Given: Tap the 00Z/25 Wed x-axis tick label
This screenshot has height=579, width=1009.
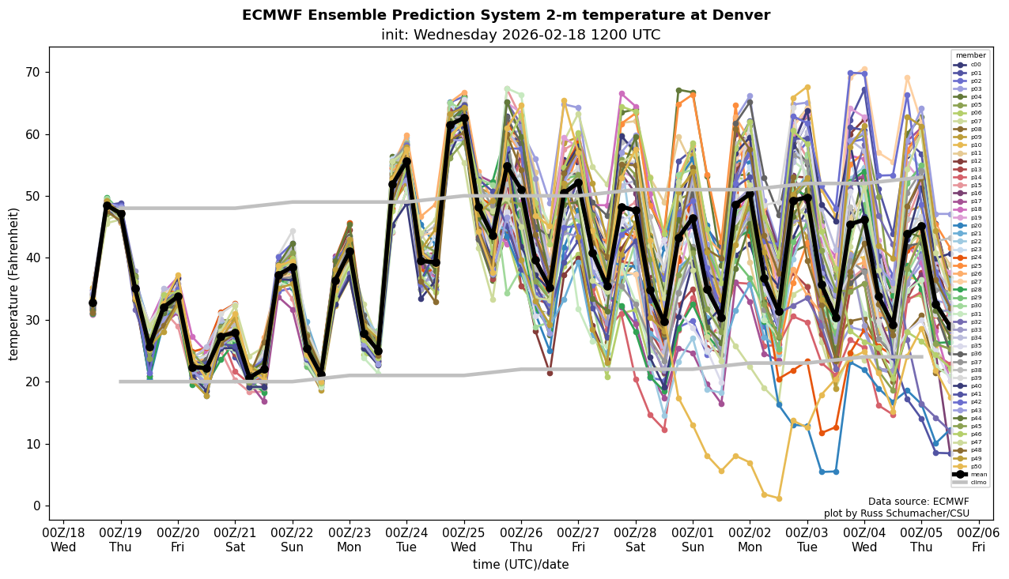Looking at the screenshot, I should click(x=463, y=540).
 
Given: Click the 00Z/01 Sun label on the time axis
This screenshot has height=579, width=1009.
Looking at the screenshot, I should click(x=693, y=540).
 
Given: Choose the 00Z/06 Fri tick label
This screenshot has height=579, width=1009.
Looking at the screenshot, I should click(x=978, y=540).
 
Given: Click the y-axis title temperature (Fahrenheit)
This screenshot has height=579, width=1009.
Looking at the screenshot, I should click(x=13, y=284).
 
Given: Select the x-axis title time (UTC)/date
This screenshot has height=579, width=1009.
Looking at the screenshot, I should click(x=520, y=565).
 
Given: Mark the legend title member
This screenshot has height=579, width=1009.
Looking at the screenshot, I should click(x=971, y=55).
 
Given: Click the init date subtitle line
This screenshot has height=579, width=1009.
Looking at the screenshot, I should click(x=520, y=36).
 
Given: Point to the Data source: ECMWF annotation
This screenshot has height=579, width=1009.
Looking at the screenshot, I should click(x=918, y=502).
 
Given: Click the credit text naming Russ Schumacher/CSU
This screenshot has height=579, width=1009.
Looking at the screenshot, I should click(x=896, y=514).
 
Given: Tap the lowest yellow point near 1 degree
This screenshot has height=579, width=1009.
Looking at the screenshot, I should click(x=779, y=498).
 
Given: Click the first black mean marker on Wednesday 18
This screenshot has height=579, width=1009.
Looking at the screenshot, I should click(x=93, y=303).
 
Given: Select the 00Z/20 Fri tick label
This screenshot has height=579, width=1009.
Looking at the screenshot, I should click(x=178, y=540).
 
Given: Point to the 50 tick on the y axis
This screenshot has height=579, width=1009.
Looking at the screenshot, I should click(x=35, y=196).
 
